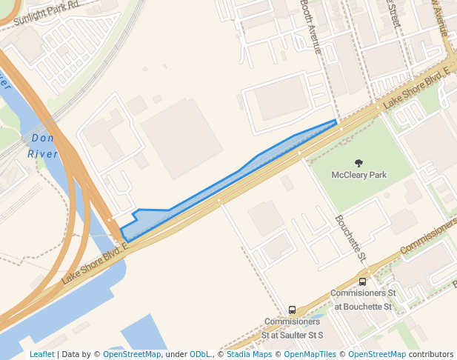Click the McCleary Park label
pyautogui.click(x=359, y=176)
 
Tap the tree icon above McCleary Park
pyautogui.click(x=359, y=163)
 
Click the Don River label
pyautogui.click(x=43, y=146)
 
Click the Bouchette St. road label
pyautogui.click(x=351, y=239)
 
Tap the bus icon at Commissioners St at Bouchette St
pyautogui.click(x=362, y=281)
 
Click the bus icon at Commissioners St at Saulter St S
pyautogui.click(x=292, y=310)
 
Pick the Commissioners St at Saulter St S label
pyautogui.click(x=292, y=328)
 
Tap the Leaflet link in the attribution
pyautogui.click(x=41, y=354)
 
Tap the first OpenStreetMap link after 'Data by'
pyautogui.click(x=132, y=354)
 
